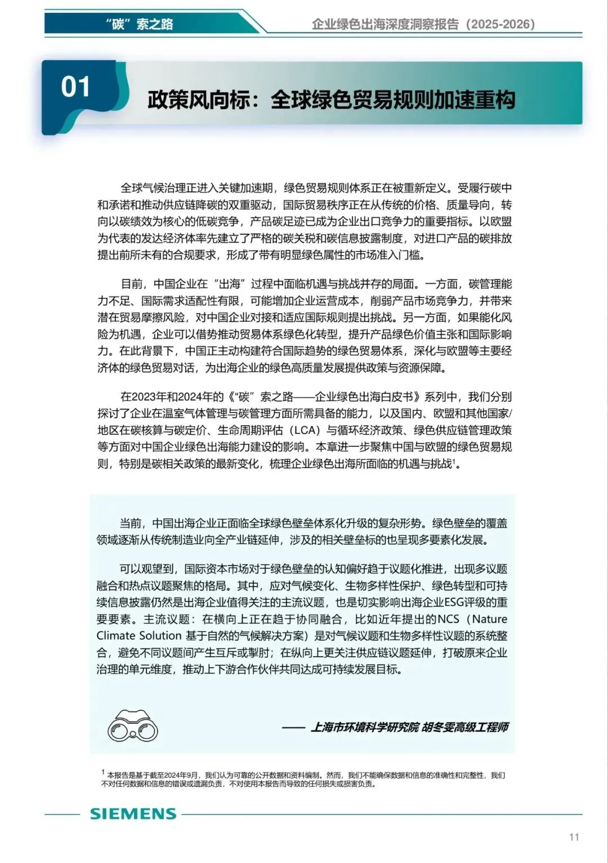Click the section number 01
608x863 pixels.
(75, 87)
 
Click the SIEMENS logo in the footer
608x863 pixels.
(133, 813)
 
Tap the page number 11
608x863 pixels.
(574, 837)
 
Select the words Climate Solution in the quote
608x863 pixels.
(139, 636)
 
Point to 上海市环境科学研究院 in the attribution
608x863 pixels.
(365, 727)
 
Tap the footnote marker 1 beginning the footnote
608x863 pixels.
(103, 772)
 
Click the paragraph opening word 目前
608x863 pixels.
(133, 284)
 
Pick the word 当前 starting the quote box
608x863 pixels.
(133, 523)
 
